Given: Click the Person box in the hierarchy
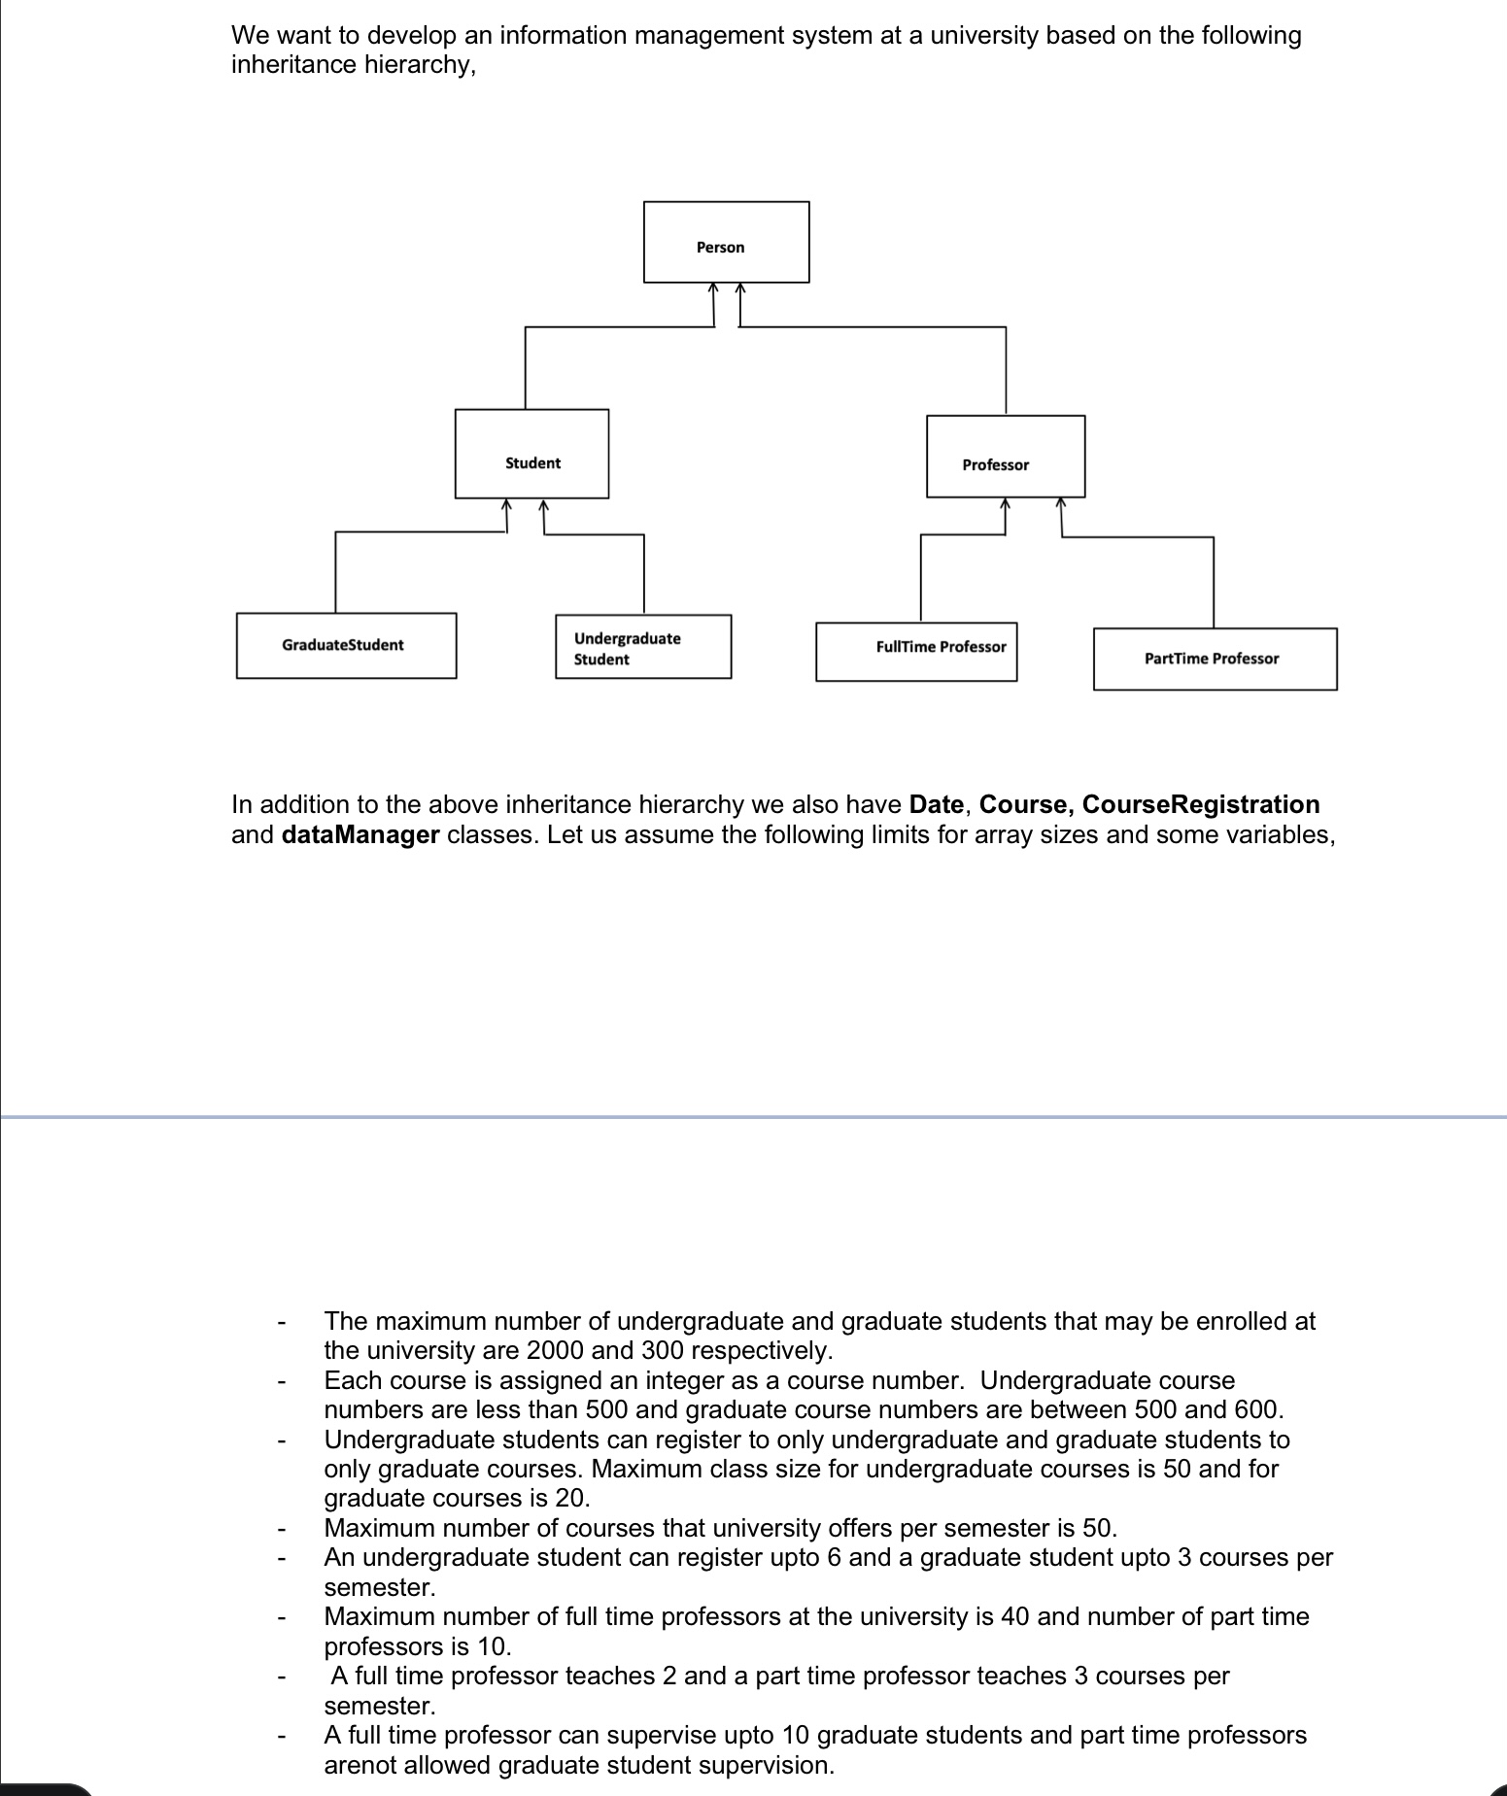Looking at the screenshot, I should [x=726, y=243].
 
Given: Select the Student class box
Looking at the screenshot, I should [x=531, y=454].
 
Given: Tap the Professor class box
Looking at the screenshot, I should [x=1005, y=457].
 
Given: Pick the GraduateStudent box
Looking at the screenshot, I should [x=346, y=645].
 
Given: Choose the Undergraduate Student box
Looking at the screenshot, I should [x=642, y=647].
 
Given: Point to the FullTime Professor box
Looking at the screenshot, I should [x=915, y=652].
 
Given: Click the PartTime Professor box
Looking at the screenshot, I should [x=1214, y=659].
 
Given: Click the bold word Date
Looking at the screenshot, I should [x=936, y=805].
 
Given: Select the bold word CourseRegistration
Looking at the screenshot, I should [x=1200, y=805].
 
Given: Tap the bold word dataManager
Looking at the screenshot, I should [x=360, y=835].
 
